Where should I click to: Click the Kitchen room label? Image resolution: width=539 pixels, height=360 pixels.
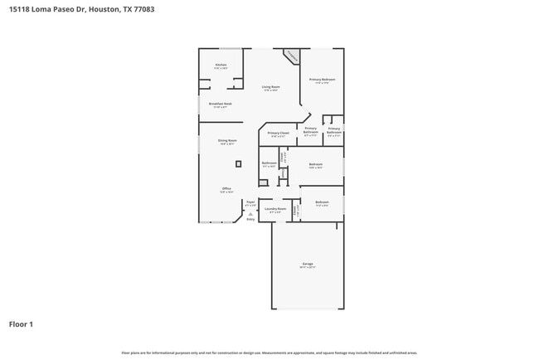pos(221,65)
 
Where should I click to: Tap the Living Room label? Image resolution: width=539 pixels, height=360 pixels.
pos(270,87)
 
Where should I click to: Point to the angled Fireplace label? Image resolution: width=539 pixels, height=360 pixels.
pos(291,56)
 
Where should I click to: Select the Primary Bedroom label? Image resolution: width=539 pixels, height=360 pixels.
pos(322,79)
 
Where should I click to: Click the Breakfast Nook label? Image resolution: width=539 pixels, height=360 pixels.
pos(221,104)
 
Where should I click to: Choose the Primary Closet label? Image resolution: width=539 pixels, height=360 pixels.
pos(279,133)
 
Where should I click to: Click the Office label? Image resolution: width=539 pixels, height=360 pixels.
pos(226,189)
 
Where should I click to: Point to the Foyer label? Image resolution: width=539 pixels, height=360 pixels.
pos(250,202)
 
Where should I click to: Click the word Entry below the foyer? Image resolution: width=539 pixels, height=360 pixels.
pos(250,219)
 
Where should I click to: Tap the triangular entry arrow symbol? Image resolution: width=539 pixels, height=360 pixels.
pos(250,213)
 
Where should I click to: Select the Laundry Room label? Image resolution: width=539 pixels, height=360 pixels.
pos(275,209)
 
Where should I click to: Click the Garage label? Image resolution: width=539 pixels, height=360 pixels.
pos(308,264)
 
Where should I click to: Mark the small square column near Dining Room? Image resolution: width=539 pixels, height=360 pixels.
pos(239,164)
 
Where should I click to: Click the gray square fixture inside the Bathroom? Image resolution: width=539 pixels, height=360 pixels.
pos(264,183)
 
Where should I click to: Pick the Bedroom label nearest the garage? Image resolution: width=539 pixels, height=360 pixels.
pos(322,202)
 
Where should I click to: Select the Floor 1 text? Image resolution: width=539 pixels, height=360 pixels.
pos(21,324)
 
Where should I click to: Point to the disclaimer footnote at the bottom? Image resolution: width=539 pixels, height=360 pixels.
pos(269,353)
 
